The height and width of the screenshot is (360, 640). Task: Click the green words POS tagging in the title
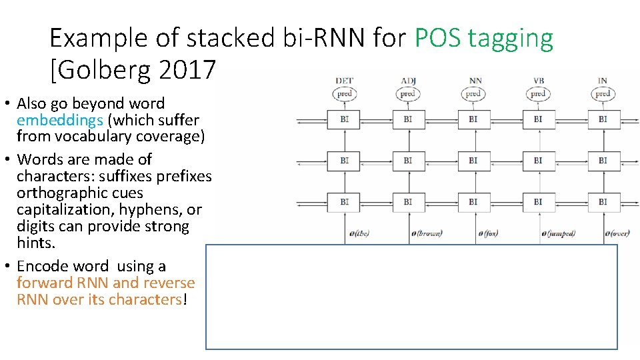tap(483, 39)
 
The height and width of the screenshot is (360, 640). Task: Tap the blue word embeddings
tap(59, 120)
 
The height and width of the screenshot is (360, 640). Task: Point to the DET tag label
tap(344, 81)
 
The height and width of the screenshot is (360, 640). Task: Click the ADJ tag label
tap(408, 81)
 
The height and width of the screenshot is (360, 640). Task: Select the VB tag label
tap(538, 81)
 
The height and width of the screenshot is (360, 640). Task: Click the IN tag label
tap(603, 81)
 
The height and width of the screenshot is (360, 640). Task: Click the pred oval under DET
tap(344, 94)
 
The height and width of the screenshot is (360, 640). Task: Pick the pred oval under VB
tap(538, 94)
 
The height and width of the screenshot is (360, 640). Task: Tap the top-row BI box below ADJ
tap(408, 119)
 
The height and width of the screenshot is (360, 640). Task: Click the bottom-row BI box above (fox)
tap(473, 201)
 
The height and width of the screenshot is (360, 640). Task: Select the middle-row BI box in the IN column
tap(603, 161)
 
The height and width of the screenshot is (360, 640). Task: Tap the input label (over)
tap(617, 233)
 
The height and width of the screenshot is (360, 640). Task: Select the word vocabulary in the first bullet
tap(96, 137)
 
